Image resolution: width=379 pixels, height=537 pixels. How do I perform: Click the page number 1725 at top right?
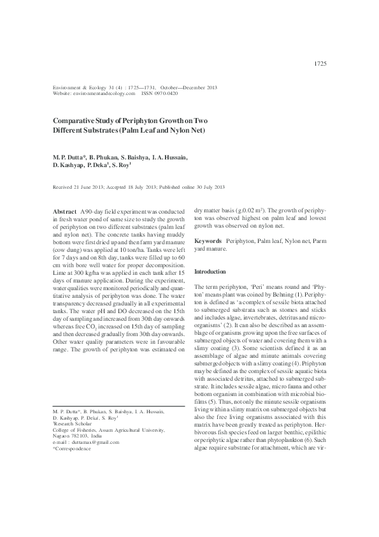coord(320,64)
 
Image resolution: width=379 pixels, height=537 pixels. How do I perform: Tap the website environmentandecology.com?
coord(104,93)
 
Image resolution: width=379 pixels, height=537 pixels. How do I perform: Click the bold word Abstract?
coord(64,210)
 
